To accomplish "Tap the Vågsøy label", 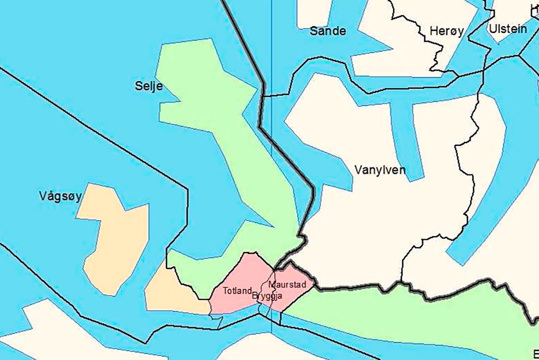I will (60, 196).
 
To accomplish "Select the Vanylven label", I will (380, 170).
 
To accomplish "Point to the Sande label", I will (328, 31).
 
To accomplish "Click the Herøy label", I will (446, 31).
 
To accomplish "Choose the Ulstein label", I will (508, 29).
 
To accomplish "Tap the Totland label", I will (237, 291).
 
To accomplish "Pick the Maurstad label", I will (287, 284).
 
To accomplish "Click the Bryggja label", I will (267, 296).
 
